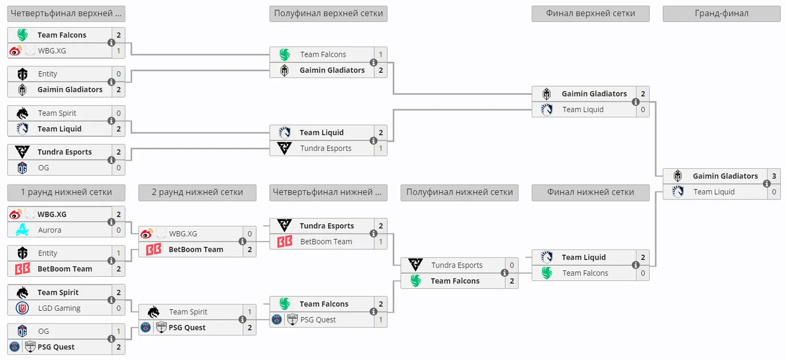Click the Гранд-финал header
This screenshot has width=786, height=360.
point(721,13)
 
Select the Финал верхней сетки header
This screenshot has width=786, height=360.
point(591,13)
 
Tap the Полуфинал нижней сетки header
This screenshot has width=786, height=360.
point(459,192)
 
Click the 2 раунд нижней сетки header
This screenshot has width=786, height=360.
point(197,192)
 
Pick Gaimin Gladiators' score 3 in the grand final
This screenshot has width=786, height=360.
point(774,176)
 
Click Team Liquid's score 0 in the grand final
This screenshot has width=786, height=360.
point(774,192)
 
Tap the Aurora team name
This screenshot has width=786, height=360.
point(50,230)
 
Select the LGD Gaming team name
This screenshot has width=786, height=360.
point(59,309)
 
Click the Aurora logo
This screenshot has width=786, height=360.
point(22,230)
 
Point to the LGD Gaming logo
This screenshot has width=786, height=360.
point(22,308)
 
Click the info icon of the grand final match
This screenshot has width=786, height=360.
point(767,184)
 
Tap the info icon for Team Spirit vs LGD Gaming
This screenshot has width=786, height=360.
point(111,300)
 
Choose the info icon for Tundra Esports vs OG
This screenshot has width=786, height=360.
point(111,160)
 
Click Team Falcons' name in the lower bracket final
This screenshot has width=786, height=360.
point(585,273)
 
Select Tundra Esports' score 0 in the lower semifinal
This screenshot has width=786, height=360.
point(511,265)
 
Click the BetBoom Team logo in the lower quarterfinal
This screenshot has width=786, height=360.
point(284,242)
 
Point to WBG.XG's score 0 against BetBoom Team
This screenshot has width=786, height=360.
point(250,233)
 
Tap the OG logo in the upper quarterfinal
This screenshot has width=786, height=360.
point(22,168)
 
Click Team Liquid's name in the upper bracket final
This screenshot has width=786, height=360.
point(583,109)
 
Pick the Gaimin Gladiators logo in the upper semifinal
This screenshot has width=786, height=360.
point(284,70)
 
